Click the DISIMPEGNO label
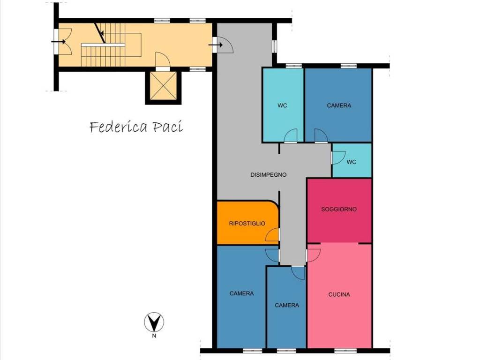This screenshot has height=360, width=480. tap(269, 175)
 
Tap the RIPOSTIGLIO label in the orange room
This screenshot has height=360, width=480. tap(247, 224)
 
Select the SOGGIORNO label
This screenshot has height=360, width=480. tap(339, 210)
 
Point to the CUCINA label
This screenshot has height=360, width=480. tap(339, 294)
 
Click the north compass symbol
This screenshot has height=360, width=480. tap(154, 322)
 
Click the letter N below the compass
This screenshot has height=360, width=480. tap(154, 336)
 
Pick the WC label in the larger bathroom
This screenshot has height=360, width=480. tap(282, 105)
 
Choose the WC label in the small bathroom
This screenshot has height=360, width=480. tap(352, 162)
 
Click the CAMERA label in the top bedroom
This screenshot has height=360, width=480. tap(339, 105)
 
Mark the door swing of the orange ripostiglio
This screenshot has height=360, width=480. tap(272, 234)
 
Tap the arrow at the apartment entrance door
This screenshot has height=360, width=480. tap(216, 45)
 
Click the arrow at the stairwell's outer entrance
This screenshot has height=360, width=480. tap(58, 41)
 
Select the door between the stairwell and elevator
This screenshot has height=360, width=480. tap(163, 60)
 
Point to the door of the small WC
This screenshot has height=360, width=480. tap(338, 157)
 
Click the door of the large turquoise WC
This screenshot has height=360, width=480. tap(291, 136)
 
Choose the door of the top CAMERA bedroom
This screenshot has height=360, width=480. tap(321, 136)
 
